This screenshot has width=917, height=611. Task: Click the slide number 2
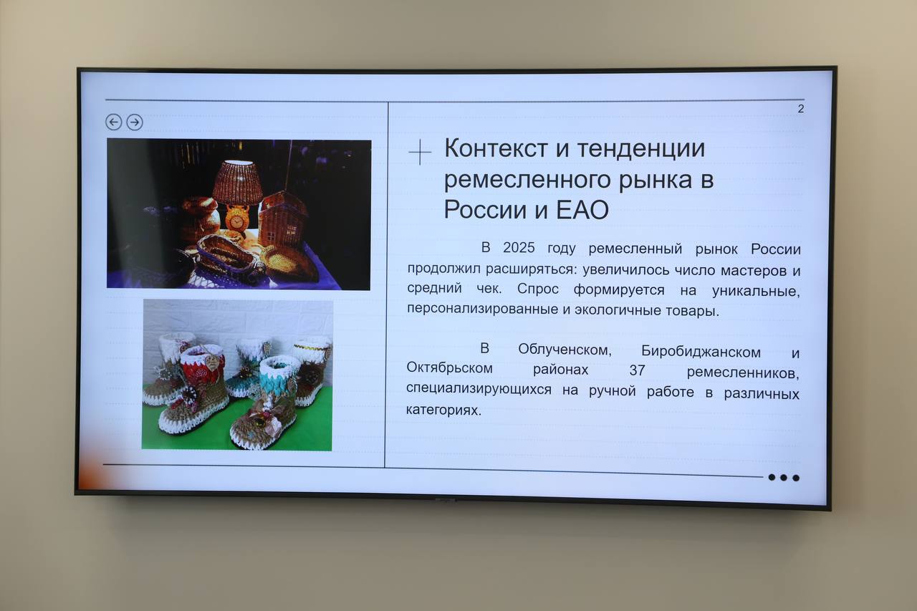pyautogui.click(x=801, y=109)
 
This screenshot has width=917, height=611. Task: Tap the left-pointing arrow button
pyautogui.click(x=113, y=122)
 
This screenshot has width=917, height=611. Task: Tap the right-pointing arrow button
pyautogui.click(x=135, y=122)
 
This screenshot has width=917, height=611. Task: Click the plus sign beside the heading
pyautogui.click(x=420, y=153)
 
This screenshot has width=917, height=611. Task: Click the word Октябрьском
pyautogui.click(x=450, y=369)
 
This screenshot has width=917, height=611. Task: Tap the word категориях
pyautogui.click(x=443, y=411)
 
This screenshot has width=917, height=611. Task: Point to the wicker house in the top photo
pyautogui.click(x=282, y=218)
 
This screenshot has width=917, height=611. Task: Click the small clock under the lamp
pyautogui.click(x=237, y=217)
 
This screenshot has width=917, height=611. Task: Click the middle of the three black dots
pyautogui.click(x=784, y=478)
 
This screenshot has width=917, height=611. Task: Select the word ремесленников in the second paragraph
pyautogui.click(x=742, y=372)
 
